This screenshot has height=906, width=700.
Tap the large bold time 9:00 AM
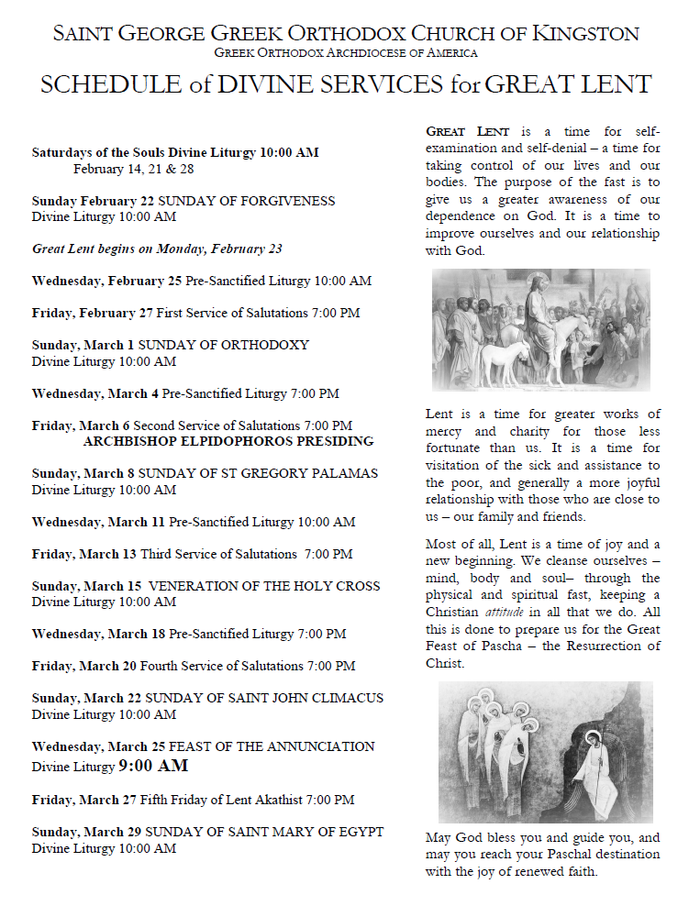click(x=154, y=766)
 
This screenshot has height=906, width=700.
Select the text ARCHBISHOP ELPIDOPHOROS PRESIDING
click(x=228, y=441)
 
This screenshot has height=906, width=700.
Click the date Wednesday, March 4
click(x=95, y=393)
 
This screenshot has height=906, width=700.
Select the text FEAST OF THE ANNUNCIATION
click(x=267, y=746)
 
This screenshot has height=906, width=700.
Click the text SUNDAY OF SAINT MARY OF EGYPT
click(x=264, y=832)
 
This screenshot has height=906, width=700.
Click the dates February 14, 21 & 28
click(x=134, y=169)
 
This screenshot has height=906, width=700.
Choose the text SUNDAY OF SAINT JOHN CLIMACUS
click(x=264, y=698)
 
